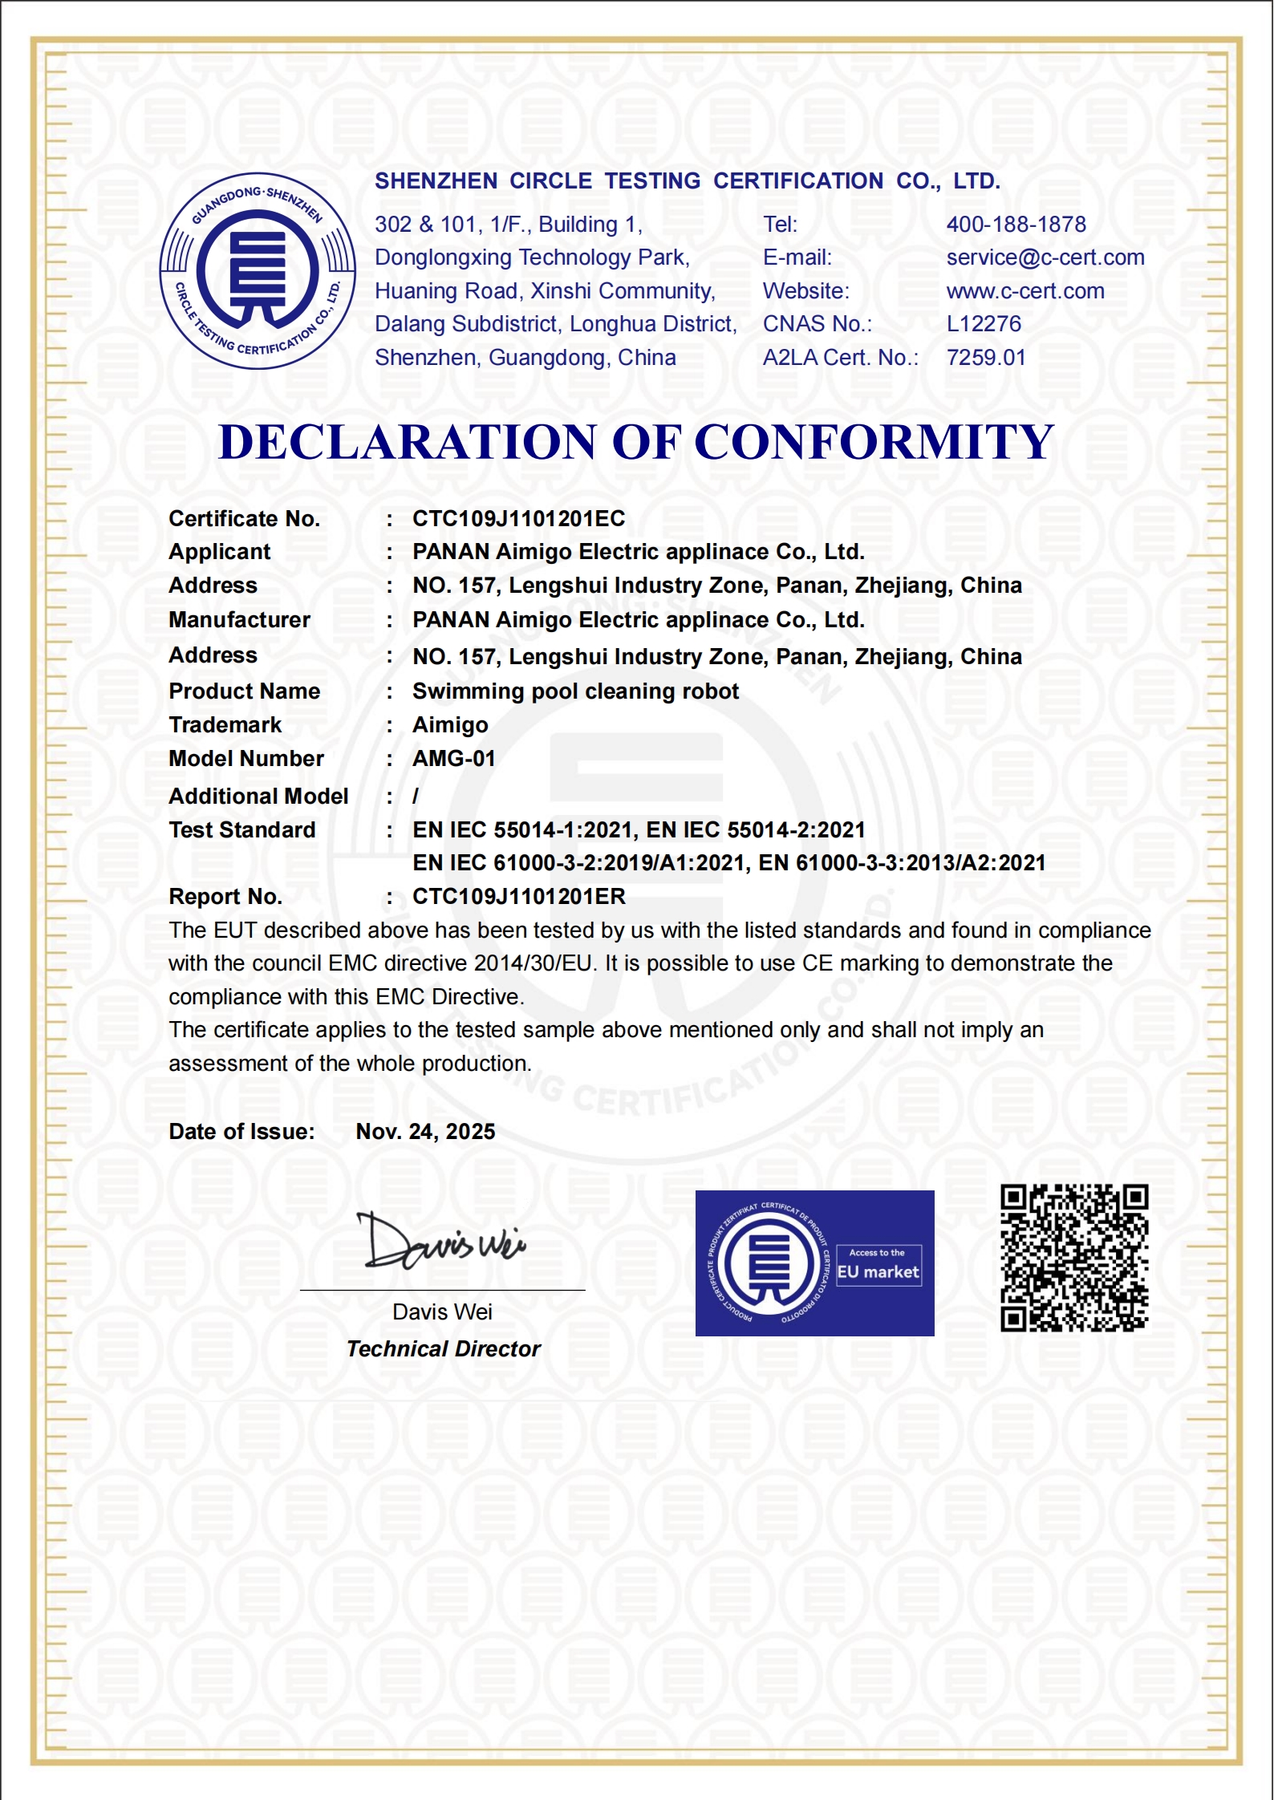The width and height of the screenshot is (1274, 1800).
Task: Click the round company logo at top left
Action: click(x=258, y=271)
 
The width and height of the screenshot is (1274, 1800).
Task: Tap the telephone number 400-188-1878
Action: click(x=1016, y=225)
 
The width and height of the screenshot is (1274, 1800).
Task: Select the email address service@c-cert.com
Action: click(x=1045, y=257)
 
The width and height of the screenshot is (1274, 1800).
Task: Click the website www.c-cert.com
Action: click(x=1024, y=291)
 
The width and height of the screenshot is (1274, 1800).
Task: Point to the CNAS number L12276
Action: click(x=984, y=324)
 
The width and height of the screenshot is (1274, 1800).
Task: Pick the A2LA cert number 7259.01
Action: click(x=986, y=358)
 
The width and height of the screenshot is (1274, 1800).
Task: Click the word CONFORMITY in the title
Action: click(x=874, y=442)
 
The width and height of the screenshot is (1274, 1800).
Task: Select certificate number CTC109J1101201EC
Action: click(x=518, y=519)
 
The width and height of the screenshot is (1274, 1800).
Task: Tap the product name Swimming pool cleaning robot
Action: click(x=575, y=691)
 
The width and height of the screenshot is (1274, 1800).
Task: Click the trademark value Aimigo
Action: click(x=450, y=725)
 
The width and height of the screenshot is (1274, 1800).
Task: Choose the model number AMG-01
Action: click(x=453, y=759)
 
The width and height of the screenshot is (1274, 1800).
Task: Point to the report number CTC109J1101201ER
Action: click(x=518, y=897)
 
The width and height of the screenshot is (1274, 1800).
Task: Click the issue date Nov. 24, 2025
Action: click(x=425, y=1132)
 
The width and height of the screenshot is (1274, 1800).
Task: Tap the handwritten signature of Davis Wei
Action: click(x=440, y=1243)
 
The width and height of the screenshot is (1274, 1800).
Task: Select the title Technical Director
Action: click(x=443, y=1349)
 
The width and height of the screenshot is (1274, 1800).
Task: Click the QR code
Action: click(x=1074, y=1258)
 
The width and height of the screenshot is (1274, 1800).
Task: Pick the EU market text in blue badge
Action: click(x=878, y=1272)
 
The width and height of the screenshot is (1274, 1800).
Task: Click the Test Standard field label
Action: click(x=242, y=830)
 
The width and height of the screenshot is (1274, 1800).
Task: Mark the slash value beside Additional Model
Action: click(x=416, y=797)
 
